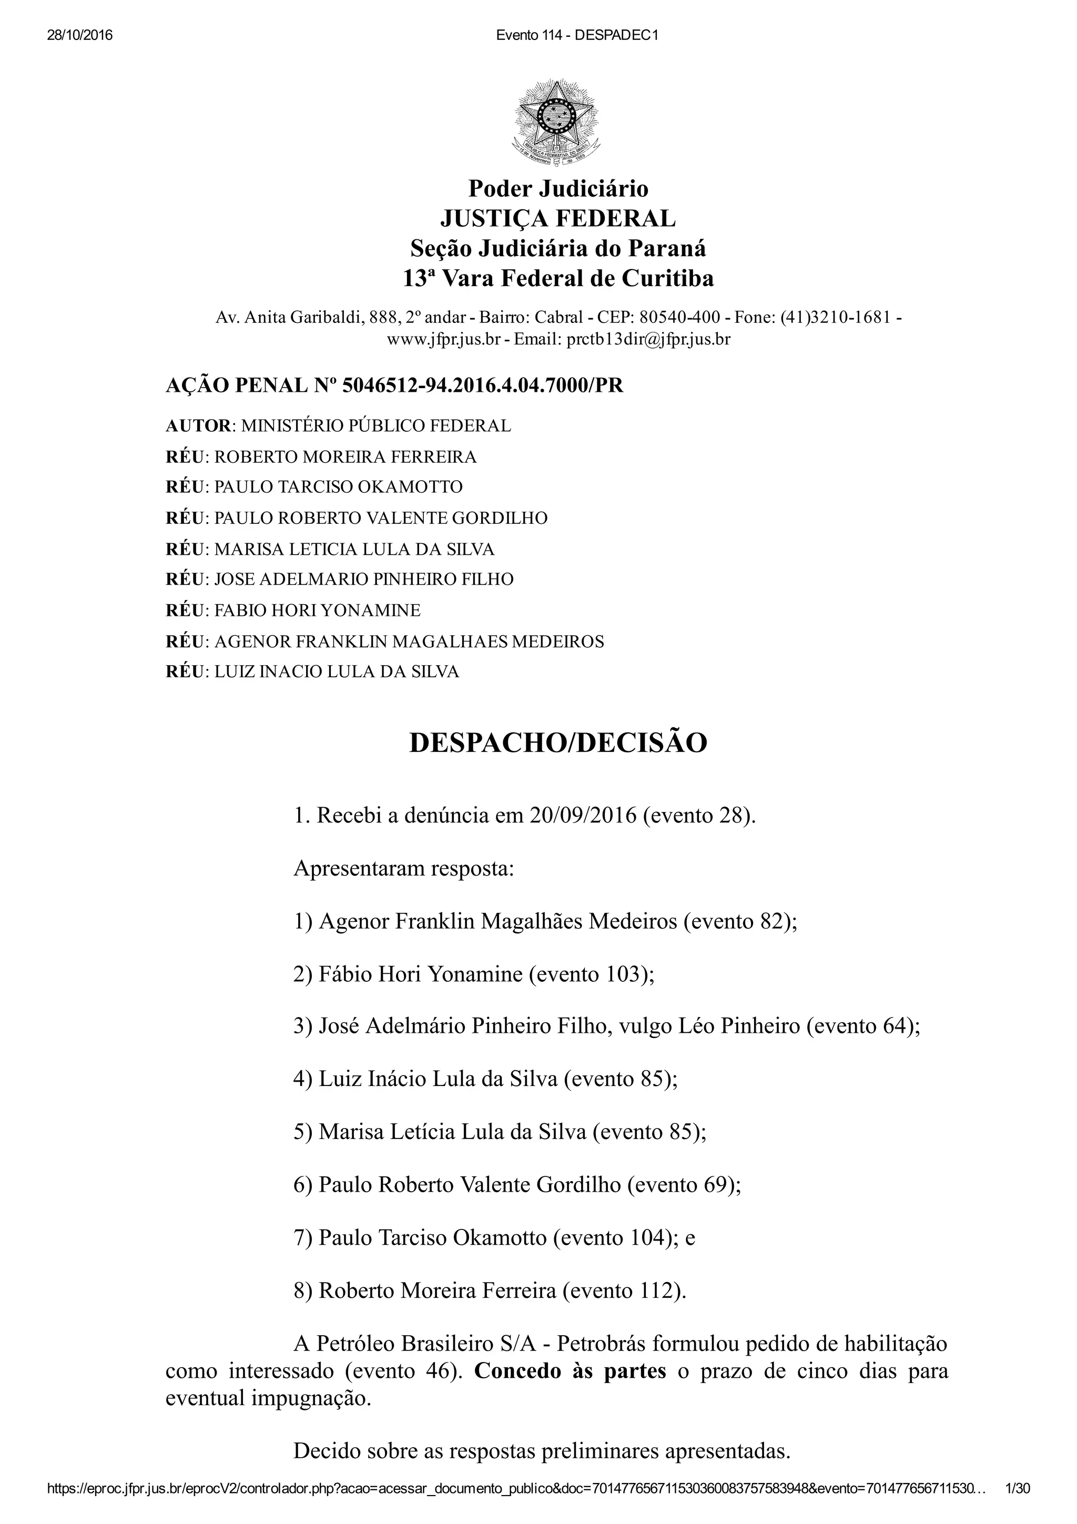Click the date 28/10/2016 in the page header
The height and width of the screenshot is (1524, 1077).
tap(79, 36)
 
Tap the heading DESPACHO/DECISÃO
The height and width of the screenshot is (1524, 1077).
tap(558, 743)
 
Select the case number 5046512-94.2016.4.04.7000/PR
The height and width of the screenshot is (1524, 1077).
tap(482, 385)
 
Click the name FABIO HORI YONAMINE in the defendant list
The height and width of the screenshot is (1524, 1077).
tap(317, 610)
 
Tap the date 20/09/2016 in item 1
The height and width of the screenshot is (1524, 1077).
tap(583, 816)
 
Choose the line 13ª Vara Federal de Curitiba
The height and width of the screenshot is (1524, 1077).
tap(558, 278)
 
